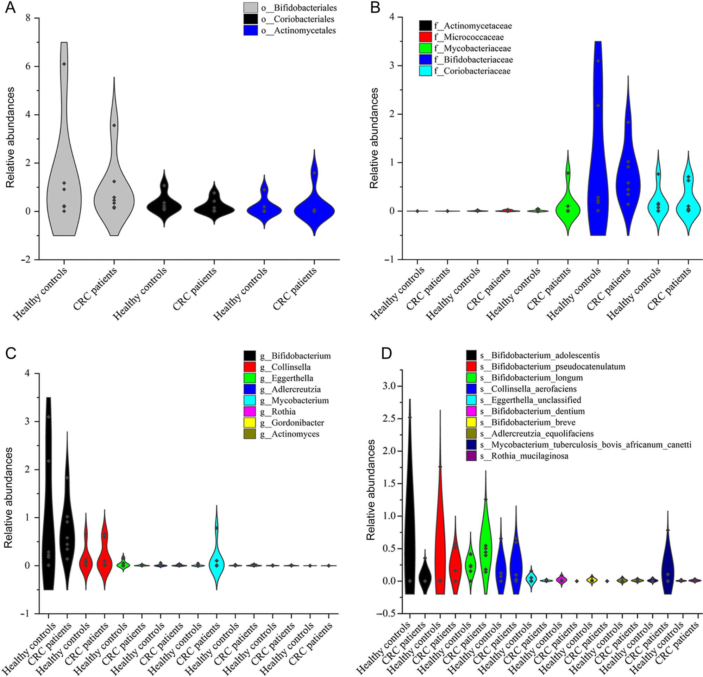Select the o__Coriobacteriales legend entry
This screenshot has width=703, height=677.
(x=298, y=19)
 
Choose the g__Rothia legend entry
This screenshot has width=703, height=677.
(x=283, y=411)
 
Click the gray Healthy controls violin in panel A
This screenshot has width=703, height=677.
(x=64, y=172)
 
